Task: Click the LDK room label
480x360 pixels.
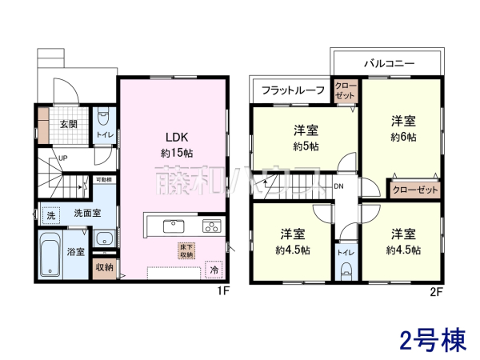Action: tap(177, 135)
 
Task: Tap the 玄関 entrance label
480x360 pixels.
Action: tap(68, 124)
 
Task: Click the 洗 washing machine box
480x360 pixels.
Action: tap(50, 216)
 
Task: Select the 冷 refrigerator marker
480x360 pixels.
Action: tap(214, 271)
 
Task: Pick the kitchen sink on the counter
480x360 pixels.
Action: tap(174, 225)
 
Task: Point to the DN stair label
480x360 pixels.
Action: tap(338, 187)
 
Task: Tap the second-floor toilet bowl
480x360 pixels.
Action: tap(346, 269)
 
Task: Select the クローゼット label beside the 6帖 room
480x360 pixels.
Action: tap(414, 190)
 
